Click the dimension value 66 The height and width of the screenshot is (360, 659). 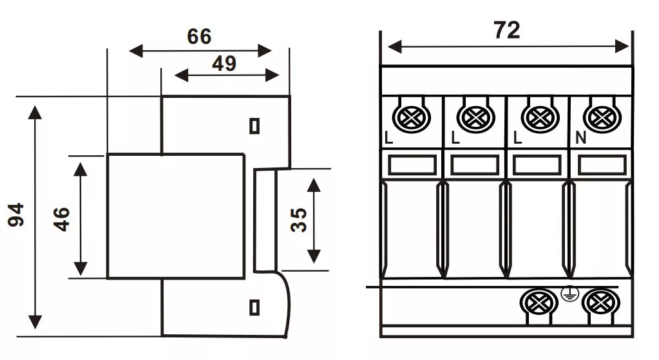pyautogui.click(x=199, y=36)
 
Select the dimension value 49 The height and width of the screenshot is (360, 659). pyautogui.click(x=224, y=63)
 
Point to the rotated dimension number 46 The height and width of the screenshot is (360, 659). pyautogui.click(x=61, y=219)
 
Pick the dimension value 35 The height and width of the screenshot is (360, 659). pyautogui.click(x=298, y=220)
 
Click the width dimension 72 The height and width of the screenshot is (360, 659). pyautogui.click(x=507, y=30)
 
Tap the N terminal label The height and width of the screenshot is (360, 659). pyautogui.click(x=580, y=138)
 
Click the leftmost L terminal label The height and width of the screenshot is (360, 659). pyautogui.click(x=388, y=138)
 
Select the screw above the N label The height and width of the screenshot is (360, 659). pyautogui.click(x=601, y=117)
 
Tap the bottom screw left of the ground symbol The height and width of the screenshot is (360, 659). pyautogui.click(x=538, y=302)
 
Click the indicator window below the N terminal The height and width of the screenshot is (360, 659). pyautogui.click(x=602, y=165)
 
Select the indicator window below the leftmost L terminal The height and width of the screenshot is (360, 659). pyautogui.click(x=412, y=165)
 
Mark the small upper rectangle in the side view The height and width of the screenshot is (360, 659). pyautogui.click(x=254, y=126)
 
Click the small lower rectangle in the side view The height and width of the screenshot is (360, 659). pyautogui.click(x=254, y=307)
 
